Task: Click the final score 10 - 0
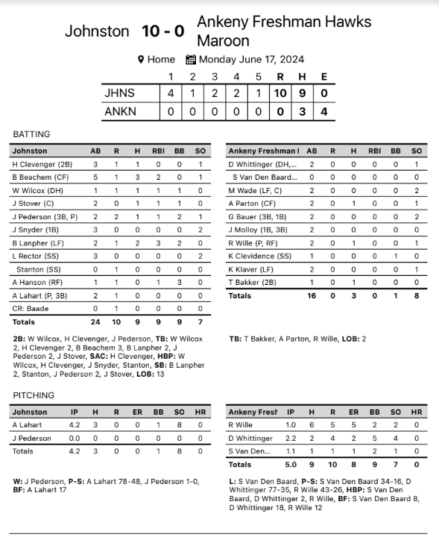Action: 162,31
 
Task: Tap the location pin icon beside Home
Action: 140,60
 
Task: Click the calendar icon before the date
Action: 190,60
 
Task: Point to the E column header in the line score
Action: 323,76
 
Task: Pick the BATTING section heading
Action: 31,134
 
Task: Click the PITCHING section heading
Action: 34,395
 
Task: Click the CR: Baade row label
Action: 30,309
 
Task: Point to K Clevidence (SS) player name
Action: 257,256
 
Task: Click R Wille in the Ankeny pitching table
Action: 241,425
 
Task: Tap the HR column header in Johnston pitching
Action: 201,412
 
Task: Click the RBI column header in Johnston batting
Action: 158,151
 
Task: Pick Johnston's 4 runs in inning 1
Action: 170,93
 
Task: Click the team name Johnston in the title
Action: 97,31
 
